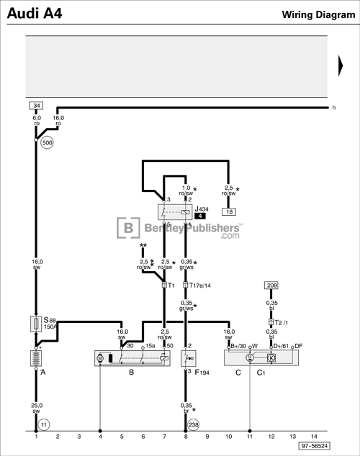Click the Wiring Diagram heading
317,14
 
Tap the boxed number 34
37,106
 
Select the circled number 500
48,142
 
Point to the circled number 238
193,426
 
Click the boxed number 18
228,211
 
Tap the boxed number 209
271,286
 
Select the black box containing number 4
200,216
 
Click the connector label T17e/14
201,285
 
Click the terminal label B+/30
238,346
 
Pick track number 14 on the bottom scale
314,436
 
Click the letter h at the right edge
333,108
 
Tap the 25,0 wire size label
37,406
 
